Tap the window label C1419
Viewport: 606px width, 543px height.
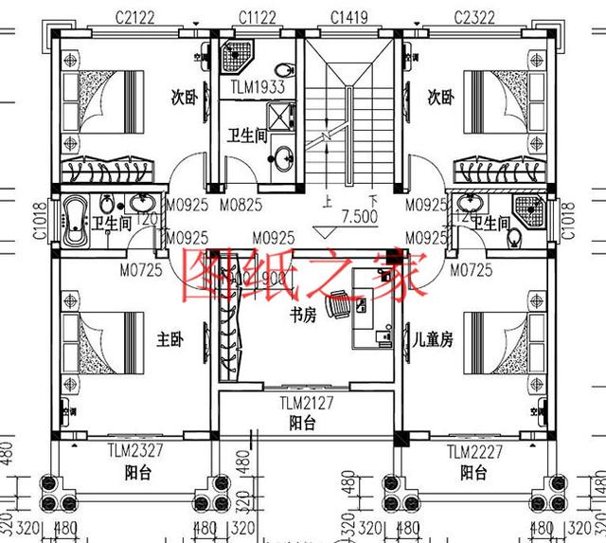349,16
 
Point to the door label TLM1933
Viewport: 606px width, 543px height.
258,87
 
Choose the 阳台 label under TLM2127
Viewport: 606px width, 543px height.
303,424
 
